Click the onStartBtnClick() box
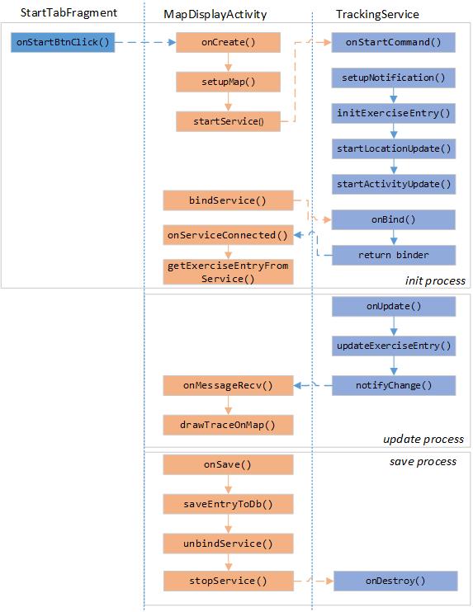tap(63, 43)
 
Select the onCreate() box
tap(228, 43)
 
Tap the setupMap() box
tap(228, 82)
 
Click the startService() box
tap(228, 121)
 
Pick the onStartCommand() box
tap(394, 43)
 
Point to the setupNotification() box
tap(394, 78)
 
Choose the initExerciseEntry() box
tap(394, 113)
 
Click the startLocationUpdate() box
tap(394, 148)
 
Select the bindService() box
tap(228, 200)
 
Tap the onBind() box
tap(394, 219)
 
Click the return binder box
tap(394, 255)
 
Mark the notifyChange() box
tap(394, 385)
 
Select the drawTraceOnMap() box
tap(228, 425)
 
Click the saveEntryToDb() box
tap(228, 503)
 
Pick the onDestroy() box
tap(395, 581)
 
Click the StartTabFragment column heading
tap(69, 14)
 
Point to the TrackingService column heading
tap(377, 14)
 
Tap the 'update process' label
tap(423, 439)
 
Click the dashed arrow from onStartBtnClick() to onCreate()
tap(144, 43)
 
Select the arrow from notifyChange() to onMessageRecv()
tap(313, 385)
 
